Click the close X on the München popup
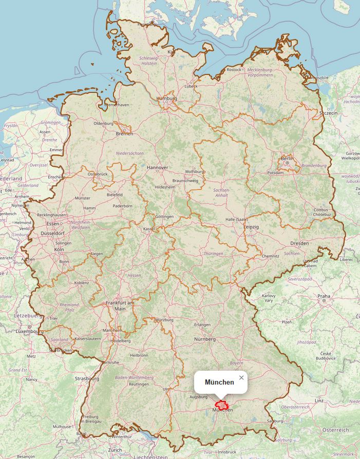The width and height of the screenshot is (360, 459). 241,378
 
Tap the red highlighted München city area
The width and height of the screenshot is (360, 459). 222,405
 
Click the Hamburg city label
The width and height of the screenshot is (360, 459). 167,98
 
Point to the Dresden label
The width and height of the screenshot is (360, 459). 299,243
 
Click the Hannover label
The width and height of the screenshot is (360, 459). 157,167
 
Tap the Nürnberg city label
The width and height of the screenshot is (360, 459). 204,339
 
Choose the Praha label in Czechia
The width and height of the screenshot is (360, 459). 324,296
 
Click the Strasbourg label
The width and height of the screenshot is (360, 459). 87,378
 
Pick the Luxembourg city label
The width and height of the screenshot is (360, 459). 30,332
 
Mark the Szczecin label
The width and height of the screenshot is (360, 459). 328,113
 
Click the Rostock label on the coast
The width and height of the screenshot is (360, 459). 234,69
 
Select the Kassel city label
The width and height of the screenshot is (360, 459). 149,228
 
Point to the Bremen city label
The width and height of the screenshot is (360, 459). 124,133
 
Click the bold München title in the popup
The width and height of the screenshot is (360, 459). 219,382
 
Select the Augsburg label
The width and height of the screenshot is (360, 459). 198,397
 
